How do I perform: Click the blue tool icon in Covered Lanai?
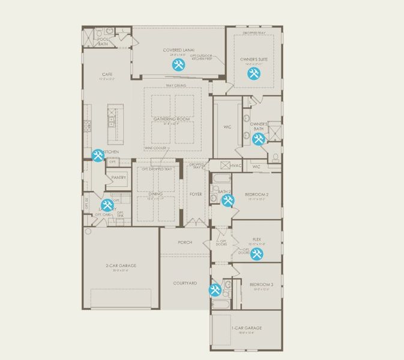178,65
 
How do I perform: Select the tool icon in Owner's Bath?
259,139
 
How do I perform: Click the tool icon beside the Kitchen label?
98,155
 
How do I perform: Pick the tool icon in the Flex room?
257,254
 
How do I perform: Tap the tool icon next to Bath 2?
228,200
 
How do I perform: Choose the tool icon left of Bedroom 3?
216,290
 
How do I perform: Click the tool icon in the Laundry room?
107,205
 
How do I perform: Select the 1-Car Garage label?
247,328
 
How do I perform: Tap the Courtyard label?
185,283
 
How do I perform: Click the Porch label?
185,242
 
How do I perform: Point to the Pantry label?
119,178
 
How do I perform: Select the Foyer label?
196,194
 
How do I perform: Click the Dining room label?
155,194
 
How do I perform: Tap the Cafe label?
107,74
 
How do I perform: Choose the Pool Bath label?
103,41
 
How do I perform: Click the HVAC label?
236,166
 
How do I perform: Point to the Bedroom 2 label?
256,195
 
